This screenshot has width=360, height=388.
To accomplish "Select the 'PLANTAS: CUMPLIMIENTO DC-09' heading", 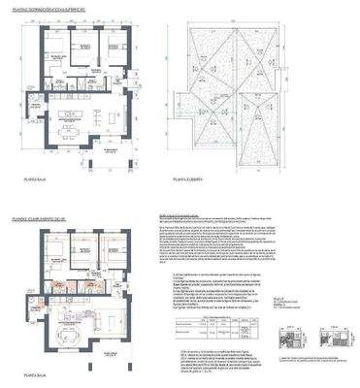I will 44,201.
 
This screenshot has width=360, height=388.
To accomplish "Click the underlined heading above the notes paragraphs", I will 194,216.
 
